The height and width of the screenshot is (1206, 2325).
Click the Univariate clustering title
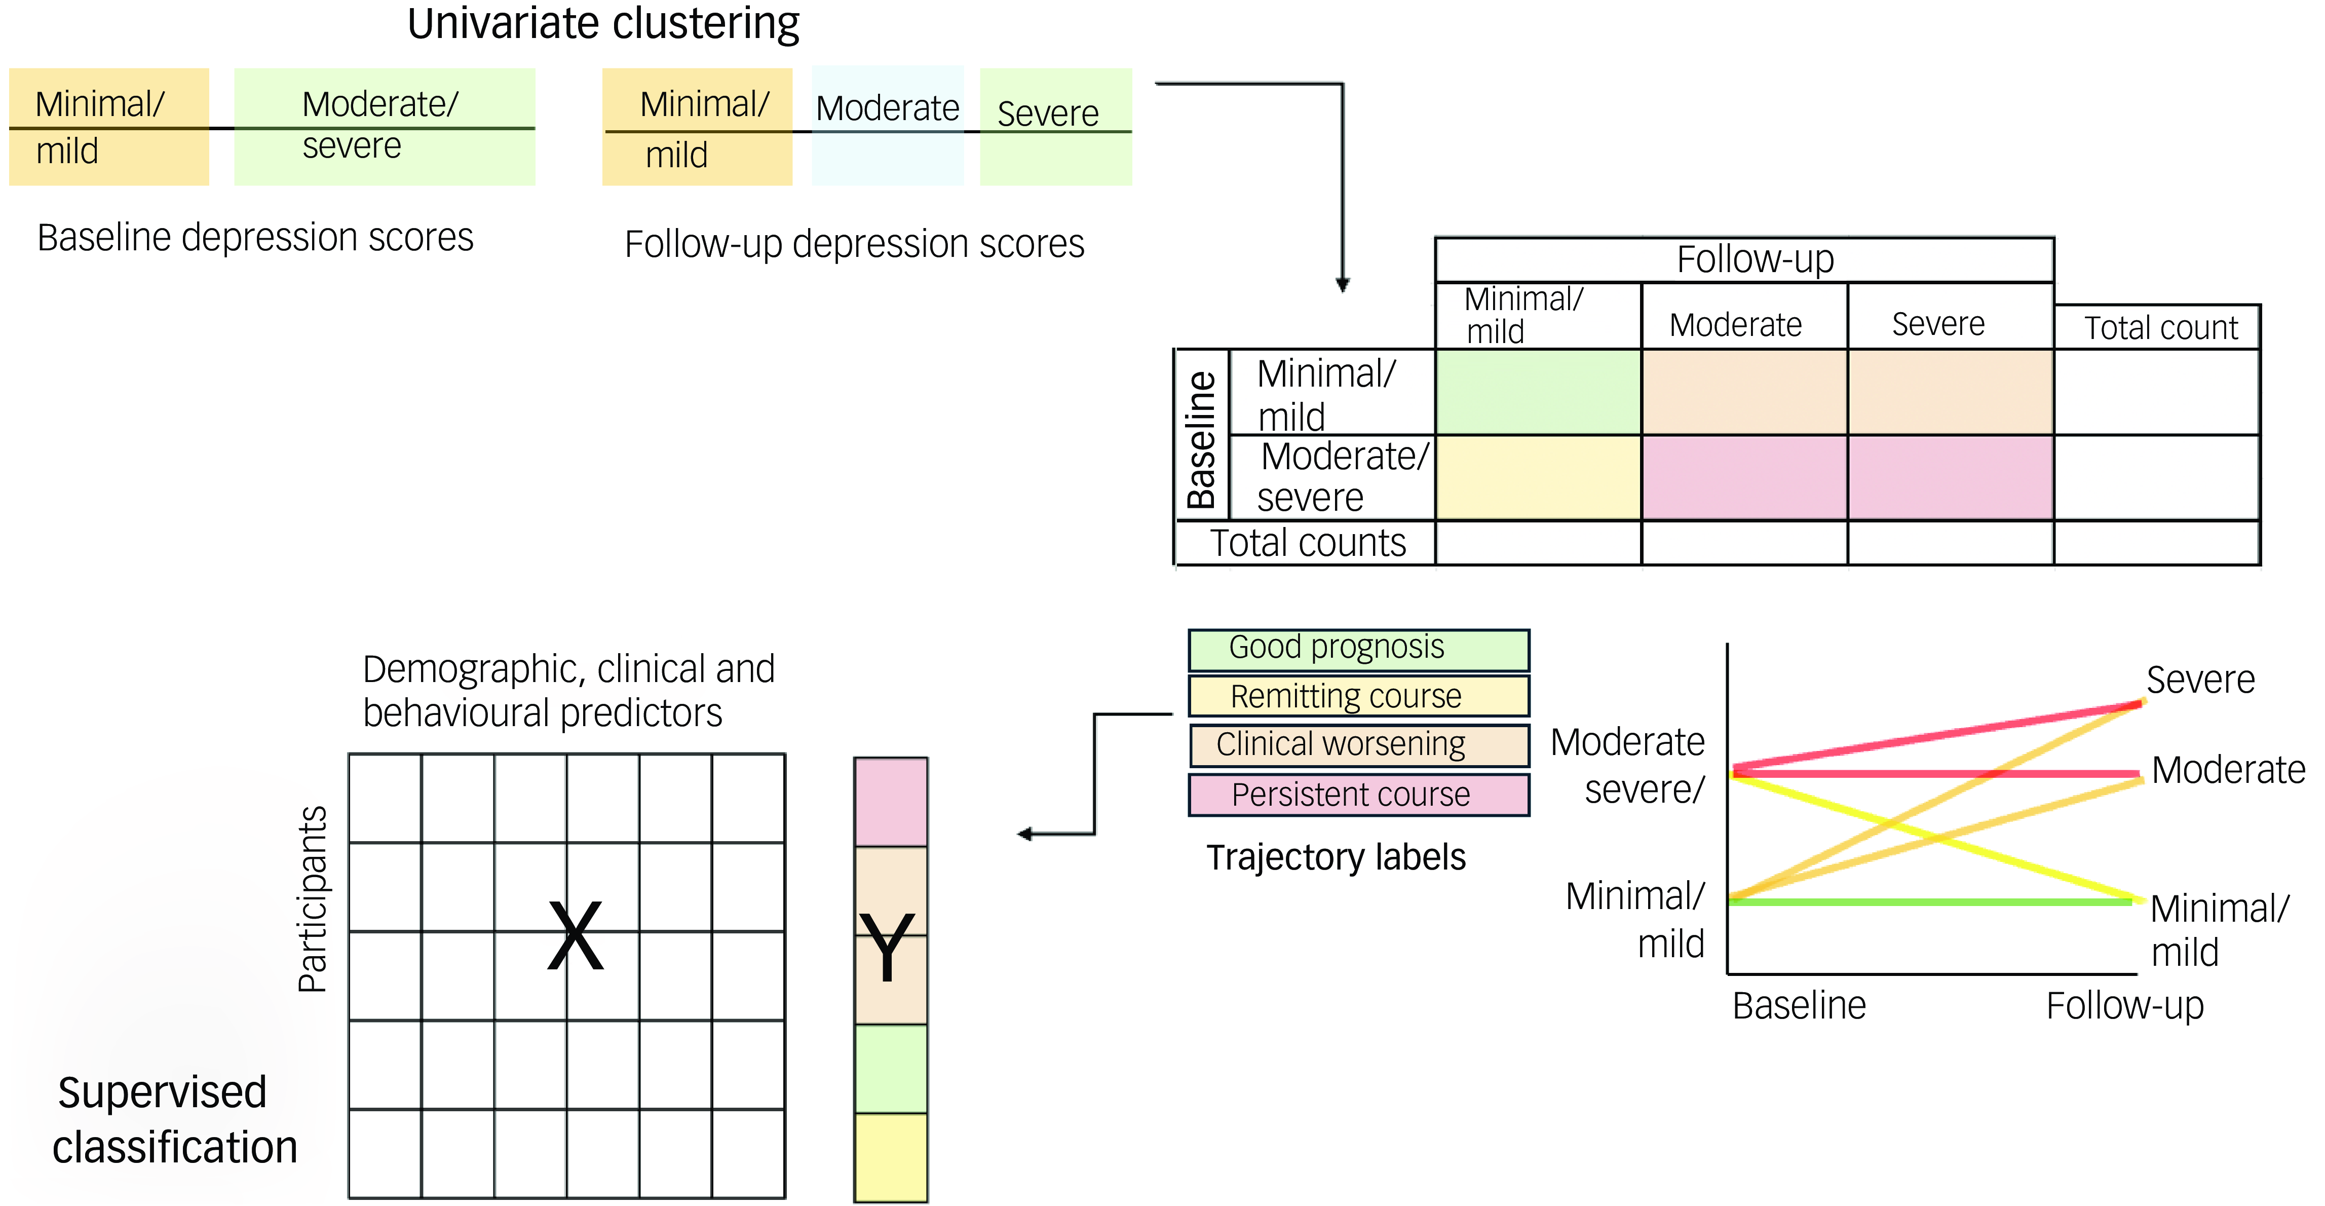coord(603,24)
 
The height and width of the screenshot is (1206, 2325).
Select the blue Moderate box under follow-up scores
coord(887,126)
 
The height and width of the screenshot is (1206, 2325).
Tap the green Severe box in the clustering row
coord(1055,126)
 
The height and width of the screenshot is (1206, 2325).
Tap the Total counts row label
coord(1307,543)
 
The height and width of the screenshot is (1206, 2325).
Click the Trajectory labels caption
coord(1336,857)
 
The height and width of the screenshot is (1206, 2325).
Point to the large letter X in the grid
coord(575,936)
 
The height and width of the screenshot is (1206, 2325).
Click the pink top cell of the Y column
coord(891,802)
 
